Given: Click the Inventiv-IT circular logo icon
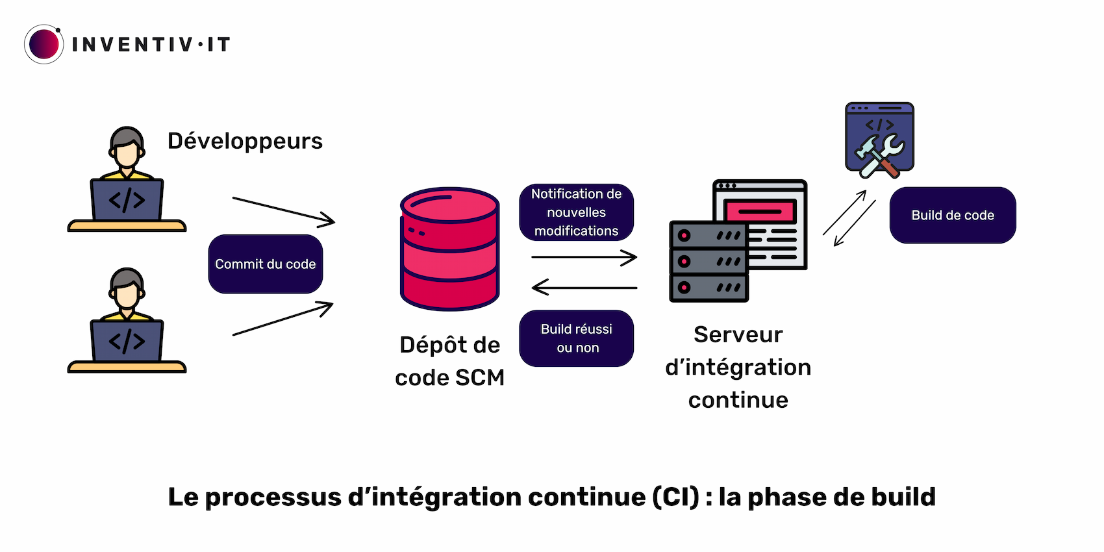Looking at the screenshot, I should tap(44, 44).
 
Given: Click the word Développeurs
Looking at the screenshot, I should tap(245, 141).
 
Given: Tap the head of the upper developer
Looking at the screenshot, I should tap(127, 148).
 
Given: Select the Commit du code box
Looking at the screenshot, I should tap(265, 264).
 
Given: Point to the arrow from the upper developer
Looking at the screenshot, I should tap(283, 210).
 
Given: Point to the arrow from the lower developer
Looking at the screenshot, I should tap(283, 319).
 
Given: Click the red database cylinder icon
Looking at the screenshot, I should tap(449, 249).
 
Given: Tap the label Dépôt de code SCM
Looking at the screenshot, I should tap(449, 361).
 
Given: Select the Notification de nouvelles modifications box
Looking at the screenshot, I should tap(576, 212).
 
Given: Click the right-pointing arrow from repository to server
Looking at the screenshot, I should tap(583, 257).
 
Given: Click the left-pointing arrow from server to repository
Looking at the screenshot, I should tap(583, 287).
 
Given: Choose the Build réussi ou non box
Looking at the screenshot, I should tap(576, 338).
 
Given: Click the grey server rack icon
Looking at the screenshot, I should tap(708, 262).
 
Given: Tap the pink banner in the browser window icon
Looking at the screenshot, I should tap(760, 211).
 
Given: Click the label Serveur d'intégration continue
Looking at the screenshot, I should tap(738, 367).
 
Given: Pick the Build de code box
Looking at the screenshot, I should tap(952, 216).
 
